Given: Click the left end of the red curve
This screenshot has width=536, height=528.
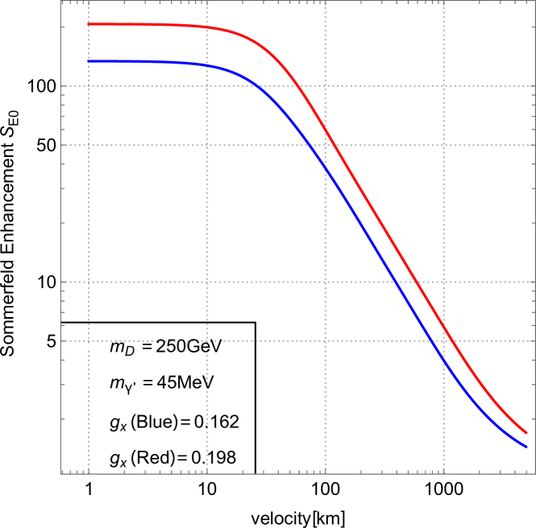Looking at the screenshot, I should (89, 24).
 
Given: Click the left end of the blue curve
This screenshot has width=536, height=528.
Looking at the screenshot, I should (89, 61).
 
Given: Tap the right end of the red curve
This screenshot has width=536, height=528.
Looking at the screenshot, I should (526, 433).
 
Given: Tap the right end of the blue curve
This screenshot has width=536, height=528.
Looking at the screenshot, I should (526, 447).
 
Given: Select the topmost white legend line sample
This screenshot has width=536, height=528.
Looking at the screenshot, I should (85, 346).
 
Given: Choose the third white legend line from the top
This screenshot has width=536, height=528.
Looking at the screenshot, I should (85, 422).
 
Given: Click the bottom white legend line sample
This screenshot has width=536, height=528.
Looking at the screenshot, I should (85, 458).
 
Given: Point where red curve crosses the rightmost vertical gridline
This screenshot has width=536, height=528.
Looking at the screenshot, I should (443, 327).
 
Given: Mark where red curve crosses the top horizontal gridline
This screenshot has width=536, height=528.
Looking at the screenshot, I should (297, 85).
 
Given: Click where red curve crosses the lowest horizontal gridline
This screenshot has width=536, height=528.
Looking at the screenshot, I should (451, 340).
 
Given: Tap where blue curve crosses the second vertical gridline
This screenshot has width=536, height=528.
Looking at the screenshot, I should (207, 65).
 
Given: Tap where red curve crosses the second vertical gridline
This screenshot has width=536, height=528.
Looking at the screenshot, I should (207, 27).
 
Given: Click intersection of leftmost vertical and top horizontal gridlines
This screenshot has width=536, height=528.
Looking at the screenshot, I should (89, 85).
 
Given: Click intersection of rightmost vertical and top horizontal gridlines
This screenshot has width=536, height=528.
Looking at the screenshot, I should (443, 85).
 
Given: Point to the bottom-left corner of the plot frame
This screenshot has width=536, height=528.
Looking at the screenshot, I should (61, 473).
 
